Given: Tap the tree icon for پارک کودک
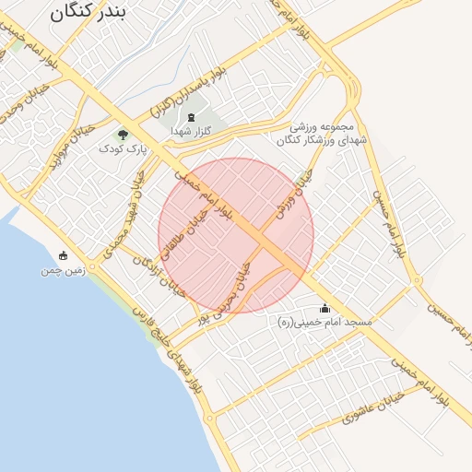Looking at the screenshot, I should (x=124, y=135).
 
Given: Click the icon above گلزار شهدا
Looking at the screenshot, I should (x=191, y=117).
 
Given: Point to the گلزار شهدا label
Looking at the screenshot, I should (x=191, y=132).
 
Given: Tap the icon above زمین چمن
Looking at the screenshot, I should (x=63, y=255).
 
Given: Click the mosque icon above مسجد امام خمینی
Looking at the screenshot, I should (x=324, y=309).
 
